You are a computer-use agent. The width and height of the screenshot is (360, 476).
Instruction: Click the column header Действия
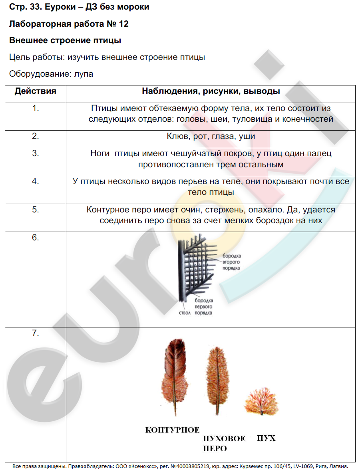[x=35, y=91]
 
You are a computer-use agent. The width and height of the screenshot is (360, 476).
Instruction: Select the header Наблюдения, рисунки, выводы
[x=211, y=91]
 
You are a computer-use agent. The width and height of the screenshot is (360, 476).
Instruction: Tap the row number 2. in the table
[x=36, y=136]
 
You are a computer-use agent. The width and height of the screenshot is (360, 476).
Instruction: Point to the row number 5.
[x=36, y=209]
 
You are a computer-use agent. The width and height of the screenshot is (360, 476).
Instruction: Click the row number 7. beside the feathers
[x=36, y=333]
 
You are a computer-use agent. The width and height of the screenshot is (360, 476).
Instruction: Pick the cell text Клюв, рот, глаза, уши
[x=211, y=137]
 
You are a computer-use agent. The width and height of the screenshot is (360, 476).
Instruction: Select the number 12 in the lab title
[x=123, y=24]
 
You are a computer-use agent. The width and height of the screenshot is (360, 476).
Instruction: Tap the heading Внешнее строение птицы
[x=65, y=40]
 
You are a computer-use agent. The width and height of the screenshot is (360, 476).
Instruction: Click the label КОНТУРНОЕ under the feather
[x=172, y=430]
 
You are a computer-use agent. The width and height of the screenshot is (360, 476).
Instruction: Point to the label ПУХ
[x=266, y=438]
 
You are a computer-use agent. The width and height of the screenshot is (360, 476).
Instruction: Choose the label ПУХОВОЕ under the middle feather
[x=224, y=439]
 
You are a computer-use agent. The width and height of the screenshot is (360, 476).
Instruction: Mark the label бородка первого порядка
[x=203, y=307]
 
